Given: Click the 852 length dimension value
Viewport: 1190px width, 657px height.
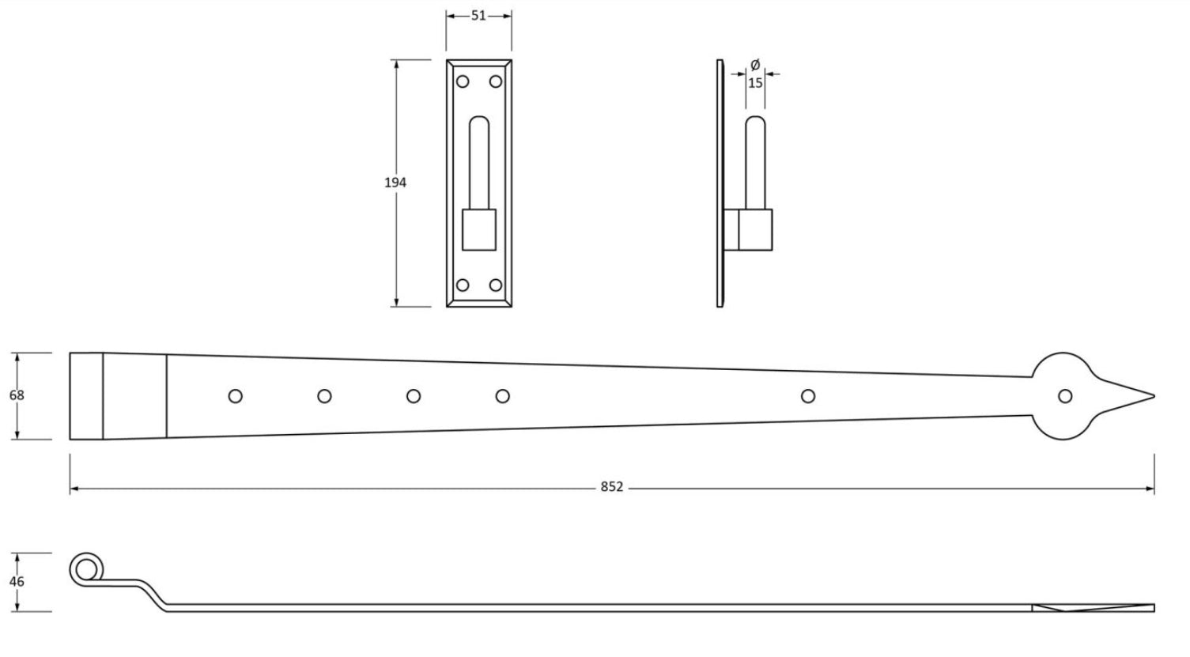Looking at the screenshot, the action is pos(611,487).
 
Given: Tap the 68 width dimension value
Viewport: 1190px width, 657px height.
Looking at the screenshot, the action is pos(17,395).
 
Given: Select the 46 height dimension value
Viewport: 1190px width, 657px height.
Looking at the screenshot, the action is pos(17,582).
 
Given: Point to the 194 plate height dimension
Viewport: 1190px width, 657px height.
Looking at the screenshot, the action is pos(395,183).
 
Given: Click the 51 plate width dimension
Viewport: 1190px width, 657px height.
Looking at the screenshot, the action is pos(478,16).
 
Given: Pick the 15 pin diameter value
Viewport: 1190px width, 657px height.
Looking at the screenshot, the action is pos(755,83).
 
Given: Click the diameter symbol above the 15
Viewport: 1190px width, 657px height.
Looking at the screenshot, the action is pos(755,65).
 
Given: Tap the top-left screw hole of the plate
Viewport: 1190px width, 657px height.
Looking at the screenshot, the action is pos(463,81).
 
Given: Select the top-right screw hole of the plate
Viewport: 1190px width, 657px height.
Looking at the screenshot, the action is pos(496,81).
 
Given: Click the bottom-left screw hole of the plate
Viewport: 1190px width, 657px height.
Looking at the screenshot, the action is pos(463,285).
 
